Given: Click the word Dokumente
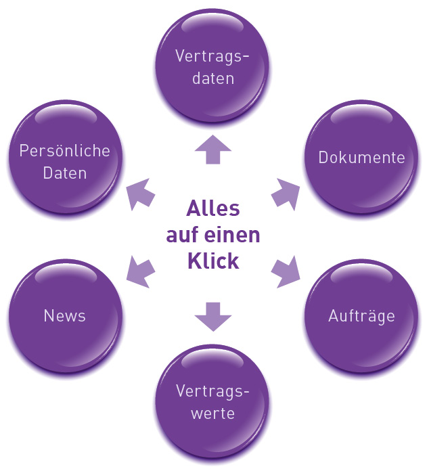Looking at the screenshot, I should pos(361,158).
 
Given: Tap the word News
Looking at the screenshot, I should pos(64,315).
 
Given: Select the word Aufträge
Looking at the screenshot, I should pos(361,315).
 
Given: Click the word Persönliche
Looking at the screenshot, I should pos(64,150).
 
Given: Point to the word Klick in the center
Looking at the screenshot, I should pos(213,261).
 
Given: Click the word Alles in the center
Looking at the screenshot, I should pos(213,208).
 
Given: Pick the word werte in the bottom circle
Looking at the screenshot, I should pos(213,413).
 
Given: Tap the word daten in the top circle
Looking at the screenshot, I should pos(213,78).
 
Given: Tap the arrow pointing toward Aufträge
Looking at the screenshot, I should pos(286,271).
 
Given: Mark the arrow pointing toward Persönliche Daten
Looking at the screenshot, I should pos(141,194).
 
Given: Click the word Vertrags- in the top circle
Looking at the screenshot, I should pos(213,55).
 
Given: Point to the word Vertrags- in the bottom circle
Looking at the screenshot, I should pos(213,390).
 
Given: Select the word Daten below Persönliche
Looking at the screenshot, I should pos(64,173).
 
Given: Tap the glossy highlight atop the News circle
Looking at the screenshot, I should pos(64,275).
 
